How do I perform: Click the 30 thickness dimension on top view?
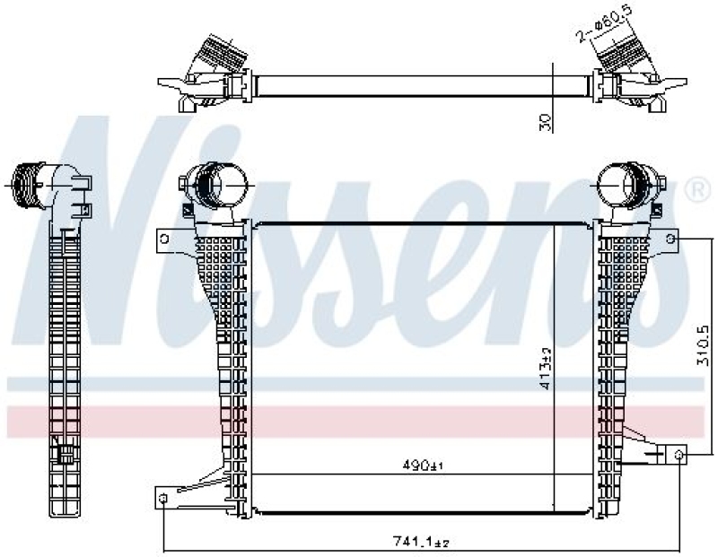pyautogui.click(x=545, y=123)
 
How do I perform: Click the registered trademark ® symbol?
pyautogui.click(x=695, y=190)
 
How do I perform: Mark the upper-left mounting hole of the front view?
pyautogui.click(x=164, y=238)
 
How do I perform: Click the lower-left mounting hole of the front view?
pyautogui.click(x=162, y=498)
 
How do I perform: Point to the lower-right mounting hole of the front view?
pyautogui.click(x=679, y=456)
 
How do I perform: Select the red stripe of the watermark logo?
pyautogui.click(x=359, y=422)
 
